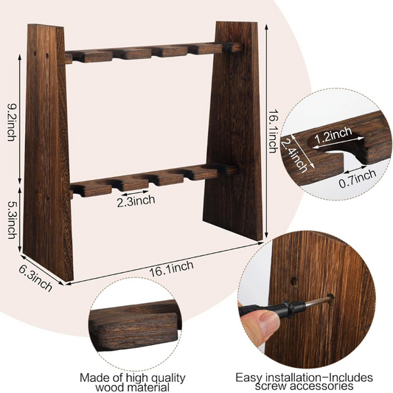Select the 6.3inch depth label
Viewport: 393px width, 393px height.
[x=35, y=279]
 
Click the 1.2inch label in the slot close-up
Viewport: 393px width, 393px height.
[x=333, y=136]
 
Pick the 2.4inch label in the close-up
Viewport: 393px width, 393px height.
[x=294, y=155]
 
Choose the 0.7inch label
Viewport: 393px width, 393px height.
[x=358, y=178]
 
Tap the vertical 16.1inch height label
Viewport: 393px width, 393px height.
[x=273, y=131]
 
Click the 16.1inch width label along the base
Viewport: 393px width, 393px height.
[x=172, y=268]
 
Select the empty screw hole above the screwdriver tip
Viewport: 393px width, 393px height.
[x=293, y=282]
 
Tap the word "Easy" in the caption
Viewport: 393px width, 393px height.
[x=249, y=378]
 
